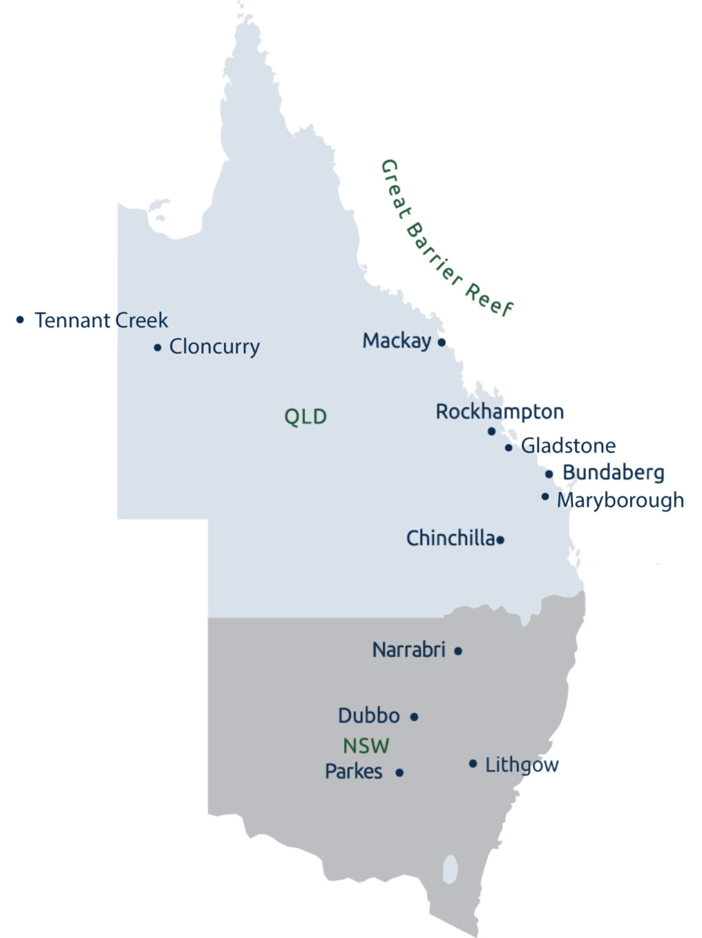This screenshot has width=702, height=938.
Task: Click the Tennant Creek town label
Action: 101,320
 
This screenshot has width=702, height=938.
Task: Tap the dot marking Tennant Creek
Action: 20,320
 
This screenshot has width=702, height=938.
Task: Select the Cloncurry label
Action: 214,346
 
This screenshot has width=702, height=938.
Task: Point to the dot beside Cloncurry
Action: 157,347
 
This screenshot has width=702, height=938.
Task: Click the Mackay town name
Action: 397,341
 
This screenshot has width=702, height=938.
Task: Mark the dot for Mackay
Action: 441,342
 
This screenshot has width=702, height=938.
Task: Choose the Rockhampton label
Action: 499,411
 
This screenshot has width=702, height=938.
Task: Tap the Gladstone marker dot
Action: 508,448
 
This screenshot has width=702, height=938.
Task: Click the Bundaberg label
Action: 613,473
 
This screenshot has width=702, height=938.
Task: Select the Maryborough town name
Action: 620,500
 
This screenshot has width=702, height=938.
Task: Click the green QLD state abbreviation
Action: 305,416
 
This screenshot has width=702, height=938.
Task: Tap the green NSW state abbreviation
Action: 366,745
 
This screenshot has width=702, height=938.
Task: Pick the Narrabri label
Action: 409,650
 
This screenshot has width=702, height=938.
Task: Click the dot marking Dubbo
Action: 414,717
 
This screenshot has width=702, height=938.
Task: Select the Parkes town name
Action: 354,772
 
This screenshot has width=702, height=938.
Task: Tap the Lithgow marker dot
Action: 472,764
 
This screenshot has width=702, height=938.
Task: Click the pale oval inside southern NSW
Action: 450,869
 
